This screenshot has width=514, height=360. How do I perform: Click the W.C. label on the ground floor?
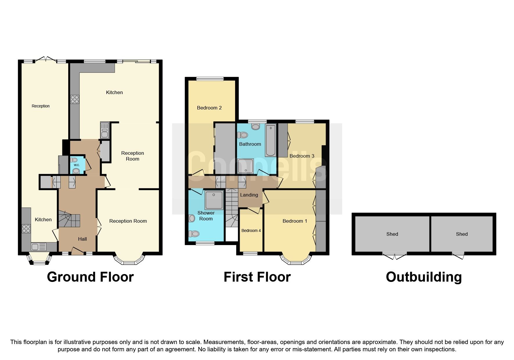point(77,165)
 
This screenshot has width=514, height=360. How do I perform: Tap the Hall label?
point(82,239)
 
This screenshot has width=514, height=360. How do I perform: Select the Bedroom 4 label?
point(251,231)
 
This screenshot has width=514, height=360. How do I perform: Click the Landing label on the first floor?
point(249,195)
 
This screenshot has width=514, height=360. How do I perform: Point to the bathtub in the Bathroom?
point(270,141)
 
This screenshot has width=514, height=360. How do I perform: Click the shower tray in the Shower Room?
point(214,200)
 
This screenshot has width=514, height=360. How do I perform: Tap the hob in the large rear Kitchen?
point(75,100)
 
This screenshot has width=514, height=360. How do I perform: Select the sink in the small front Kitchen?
point(39,247)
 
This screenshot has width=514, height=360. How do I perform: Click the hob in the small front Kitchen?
point(26,229)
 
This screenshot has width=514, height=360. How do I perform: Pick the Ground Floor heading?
point(90,277)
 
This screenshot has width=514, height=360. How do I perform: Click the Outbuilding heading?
point(424,277)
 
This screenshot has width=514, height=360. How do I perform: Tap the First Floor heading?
point(257,277)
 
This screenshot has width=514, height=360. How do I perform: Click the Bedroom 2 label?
point(209,108)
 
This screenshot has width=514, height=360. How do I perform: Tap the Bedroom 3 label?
point(302,156)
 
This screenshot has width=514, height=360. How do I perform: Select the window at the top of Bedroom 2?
point(210,78)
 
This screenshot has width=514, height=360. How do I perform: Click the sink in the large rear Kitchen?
point(104,130)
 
